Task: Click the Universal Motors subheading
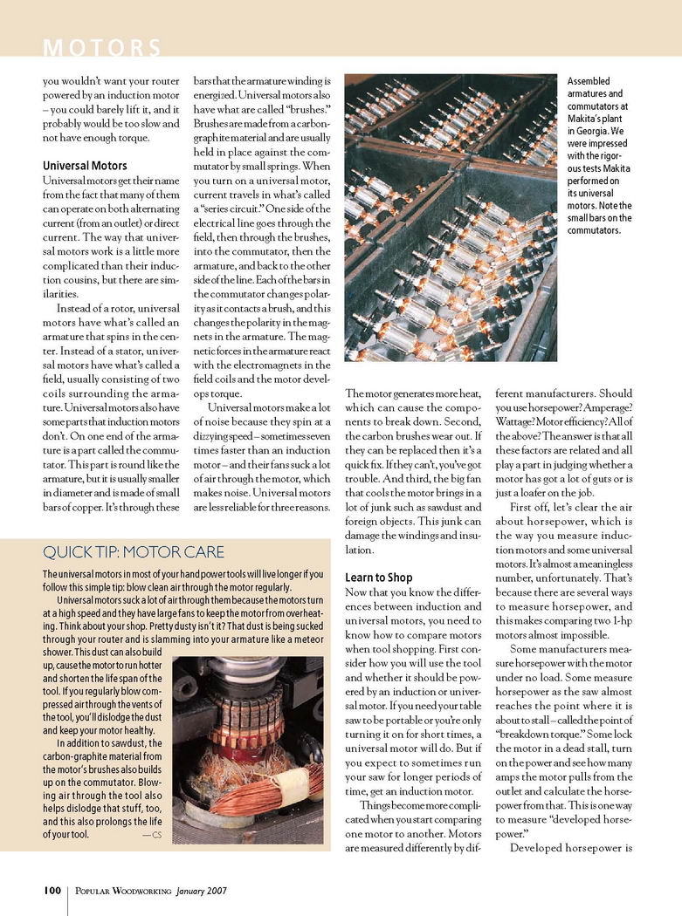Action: click(85, 165)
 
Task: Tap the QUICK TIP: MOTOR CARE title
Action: click(134, 551)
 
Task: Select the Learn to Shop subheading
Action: click(378, 578)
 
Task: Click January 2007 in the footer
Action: click(202, 891)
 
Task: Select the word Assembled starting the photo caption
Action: click(589, 81)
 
